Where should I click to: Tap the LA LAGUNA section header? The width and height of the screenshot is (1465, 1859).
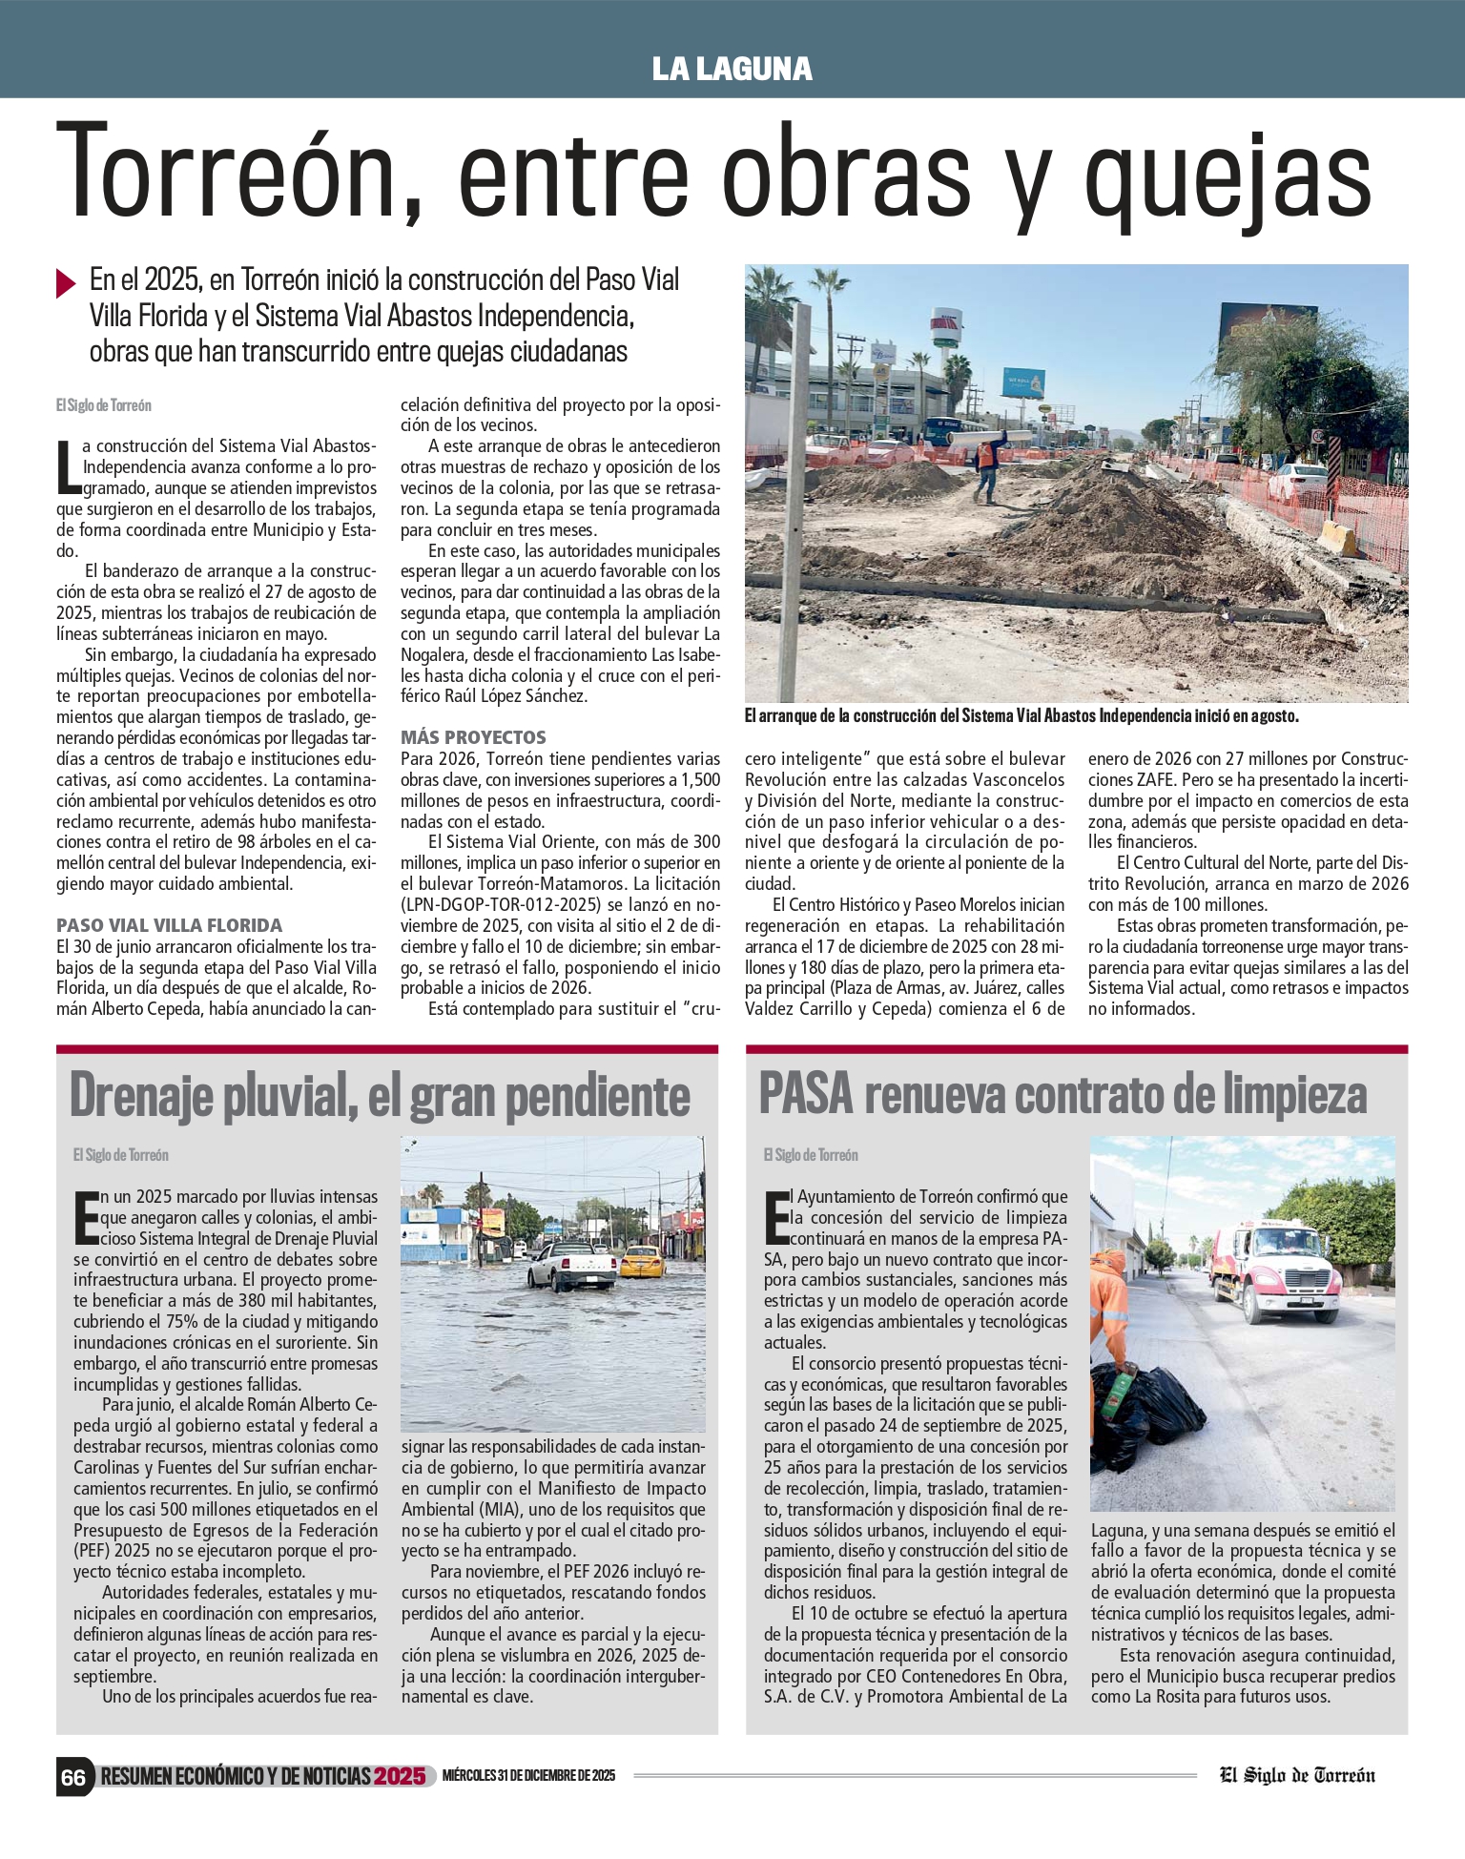click(x=732, y=69)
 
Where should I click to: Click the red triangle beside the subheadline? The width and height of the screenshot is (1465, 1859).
click(x=66, y=283)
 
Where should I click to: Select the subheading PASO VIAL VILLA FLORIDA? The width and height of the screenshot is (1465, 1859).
click(x=169, y=925)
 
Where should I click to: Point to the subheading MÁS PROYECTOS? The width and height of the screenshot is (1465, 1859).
click(x=473, y=737)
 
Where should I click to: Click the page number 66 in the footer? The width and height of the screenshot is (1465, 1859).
click(x=73, y=1776)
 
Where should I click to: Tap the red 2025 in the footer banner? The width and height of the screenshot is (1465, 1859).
click(x=399, y=1776)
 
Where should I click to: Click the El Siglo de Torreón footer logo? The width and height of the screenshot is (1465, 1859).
click(x=1297, y=1775)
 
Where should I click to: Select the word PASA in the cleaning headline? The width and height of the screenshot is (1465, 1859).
click(x=805, y=1095)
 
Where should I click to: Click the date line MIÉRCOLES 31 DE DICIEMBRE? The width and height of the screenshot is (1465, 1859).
click(x=528, y=1776)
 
